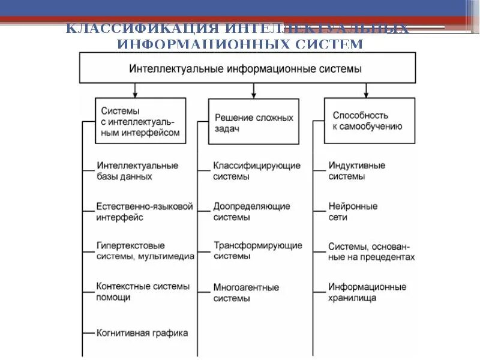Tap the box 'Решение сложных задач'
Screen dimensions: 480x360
(x=253, y=122)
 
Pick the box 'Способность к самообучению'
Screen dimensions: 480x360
(x=369, y=121)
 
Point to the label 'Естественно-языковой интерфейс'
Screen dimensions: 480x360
(x=145, y=212)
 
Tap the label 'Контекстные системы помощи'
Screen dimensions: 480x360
(x=143, y=292)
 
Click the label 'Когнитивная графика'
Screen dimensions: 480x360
(x=142, y=332)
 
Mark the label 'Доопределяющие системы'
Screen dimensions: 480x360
(x=251, y=212)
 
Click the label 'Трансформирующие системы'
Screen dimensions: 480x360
(x=257, y=251)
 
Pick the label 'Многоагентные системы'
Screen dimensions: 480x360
(x=246, y=292)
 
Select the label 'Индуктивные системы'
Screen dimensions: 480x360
(x=357, y=171)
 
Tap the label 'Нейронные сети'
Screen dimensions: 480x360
(x=353, y=211)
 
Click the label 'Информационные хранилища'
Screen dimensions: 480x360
(x=367, y=292)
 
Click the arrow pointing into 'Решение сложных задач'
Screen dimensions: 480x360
(x=254, y=91)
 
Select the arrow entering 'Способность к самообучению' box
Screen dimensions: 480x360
(x=367, y=91)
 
